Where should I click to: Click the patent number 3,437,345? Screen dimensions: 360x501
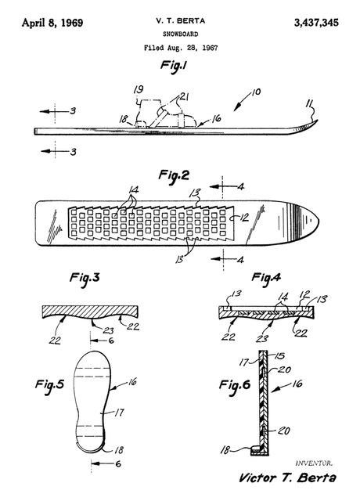316,23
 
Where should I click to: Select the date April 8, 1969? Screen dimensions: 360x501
52,23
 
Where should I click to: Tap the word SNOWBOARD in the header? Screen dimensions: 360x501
181,34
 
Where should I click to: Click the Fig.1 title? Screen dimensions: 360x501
174,66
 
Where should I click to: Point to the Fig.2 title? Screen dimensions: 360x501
174,175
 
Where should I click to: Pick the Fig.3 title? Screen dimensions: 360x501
85,278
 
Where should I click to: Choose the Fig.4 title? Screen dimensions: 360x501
266,277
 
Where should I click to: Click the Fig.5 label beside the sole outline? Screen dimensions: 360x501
49,384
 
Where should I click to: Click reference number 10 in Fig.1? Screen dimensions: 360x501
256,92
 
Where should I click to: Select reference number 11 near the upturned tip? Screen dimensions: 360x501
309,103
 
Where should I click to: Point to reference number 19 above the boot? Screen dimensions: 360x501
139,89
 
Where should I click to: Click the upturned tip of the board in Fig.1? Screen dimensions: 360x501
318,120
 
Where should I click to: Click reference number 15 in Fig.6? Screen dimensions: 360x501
279,356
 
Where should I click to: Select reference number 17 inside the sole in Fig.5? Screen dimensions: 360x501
119,413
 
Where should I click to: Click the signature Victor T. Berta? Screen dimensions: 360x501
287,478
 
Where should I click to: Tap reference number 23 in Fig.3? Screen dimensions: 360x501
109,330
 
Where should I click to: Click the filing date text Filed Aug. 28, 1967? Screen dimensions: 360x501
181,48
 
